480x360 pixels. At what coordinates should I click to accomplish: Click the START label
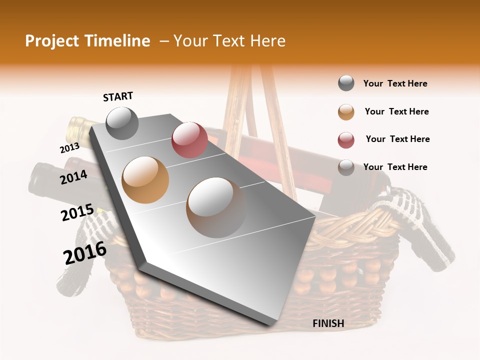pyautogui.click(x=118, y=96)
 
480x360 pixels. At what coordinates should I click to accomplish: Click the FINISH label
pyautogui.click(x=328, y=323)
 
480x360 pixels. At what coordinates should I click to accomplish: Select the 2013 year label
pyautogui.click(x=69, y=147)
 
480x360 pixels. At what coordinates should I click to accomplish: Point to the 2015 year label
pyautogui.click(x=77, y=212)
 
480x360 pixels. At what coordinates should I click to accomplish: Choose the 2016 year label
pyautogui.click(x=85, y=252)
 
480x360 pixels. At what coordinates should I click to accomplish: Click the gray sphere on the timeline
pyautogui.click(x=122, y=123)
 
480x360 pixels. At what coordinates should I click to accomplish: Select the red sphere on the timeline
pyautogui.click(x=189, y=139)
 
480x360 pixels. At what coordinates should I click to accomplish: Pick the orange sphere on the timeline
pyautogui.click(x=145, y=179)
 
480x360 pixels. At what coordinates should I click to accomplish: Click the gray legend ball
pyautogui.click(x=346, y=83)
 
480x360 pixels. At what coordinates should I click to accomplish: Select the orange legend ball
pyautogui.click(x=346, y=111)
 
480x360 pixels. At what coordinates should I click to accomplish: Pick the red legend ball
pyautogui.click(x=346, y=140)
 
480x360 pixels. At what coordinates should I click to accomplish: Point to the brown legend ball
pyautogui.click(x=346, y=167)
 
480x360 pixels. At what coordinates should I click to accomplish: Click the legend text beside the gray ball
pyautogui.click(x=395, y=83)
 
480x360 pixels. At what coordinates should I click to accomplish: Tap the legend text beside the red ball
pyautogui.click(x=397, y=139)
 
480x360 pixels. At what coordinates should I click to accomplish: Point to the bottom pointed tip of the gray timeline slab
pyautogui.click(x=270, y=324)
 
